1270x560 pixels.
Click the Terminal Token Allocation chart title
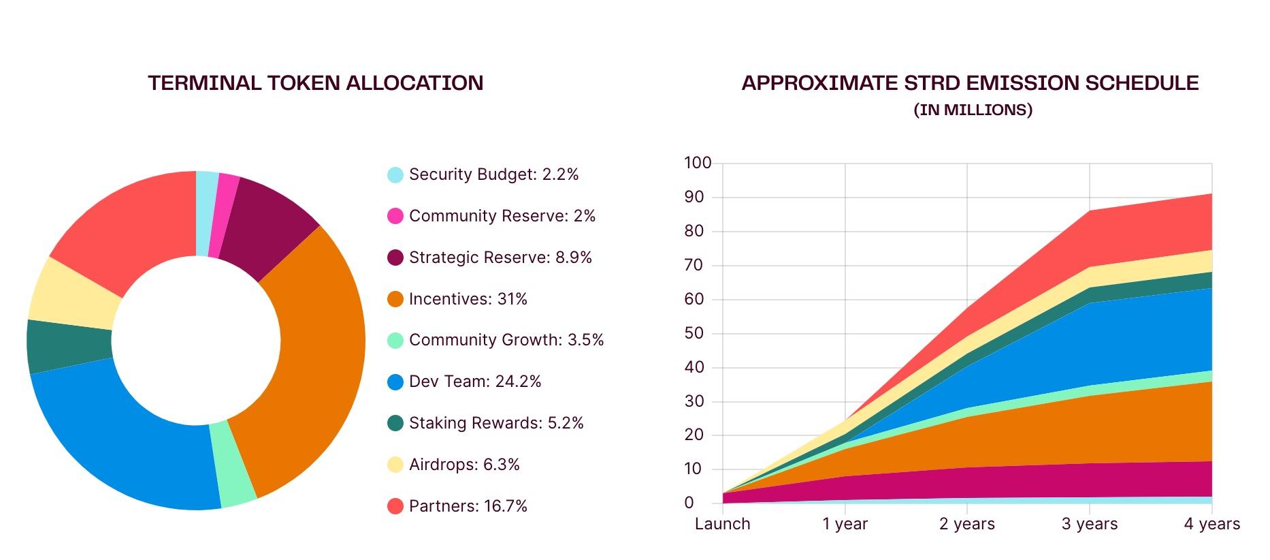pyautogui.click(x=316, y=83)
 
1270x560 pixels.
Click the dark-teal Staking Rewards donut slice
pyautogui.click(x=68, y=346)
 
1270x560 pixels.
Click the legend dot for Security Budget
pyautogui.click(x=395, y=175)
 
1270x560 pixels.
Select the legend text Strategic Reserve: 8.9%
pyautogui.click(x=500, y=258)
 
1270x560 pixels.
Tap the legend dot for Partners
pyautogui.click(x=395, y=506)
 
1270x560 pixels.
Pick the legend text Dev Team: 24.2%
pyautogui.click(x=475, y=382)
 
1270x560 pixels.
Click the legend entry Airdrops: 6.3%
pyautogui.click(x=464, y=465)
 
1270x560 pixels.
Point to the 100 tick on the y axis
pyautogui.click(x=698, y=163)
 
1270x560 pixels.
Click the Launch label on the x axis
pyautogui.click(x=722, y=524)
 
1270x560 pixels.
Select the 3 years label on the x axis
pyautogui.click(x=1090, y=524)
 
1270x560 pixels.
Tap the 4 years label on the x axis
pyautogui.click(x=1211, y=524)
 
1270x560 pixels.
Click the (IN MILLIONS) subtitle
pyautogui.click(x=973, y=110)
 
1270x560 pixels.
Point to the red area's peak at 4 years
pyautogui.click(x=1211, y=196)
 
